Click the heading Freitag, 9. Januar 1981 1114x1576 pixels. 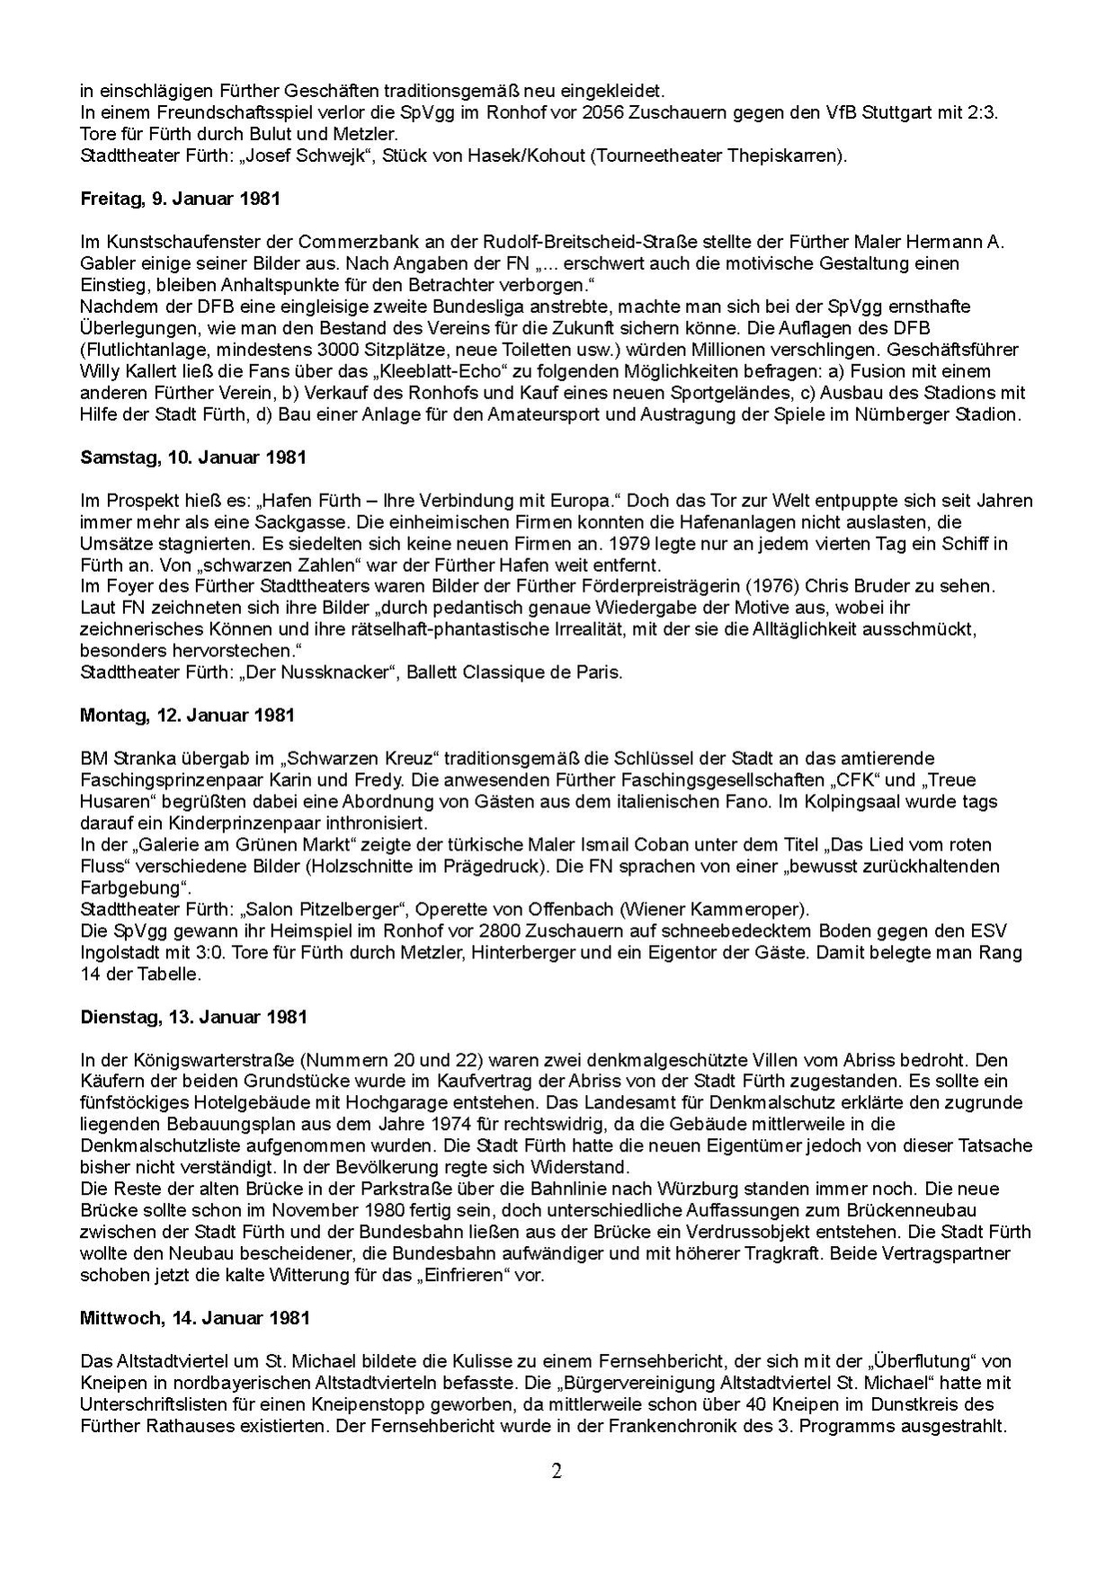180,199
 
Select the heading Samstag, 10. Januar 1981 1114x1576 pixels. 192,457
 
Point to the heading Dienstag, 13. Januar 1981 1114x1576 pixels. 193,1017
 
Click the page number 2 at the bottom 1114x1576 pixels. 557,1472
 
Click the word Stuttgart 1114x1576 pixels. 905,112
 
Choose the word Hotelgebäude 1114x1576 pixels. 284,1102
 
